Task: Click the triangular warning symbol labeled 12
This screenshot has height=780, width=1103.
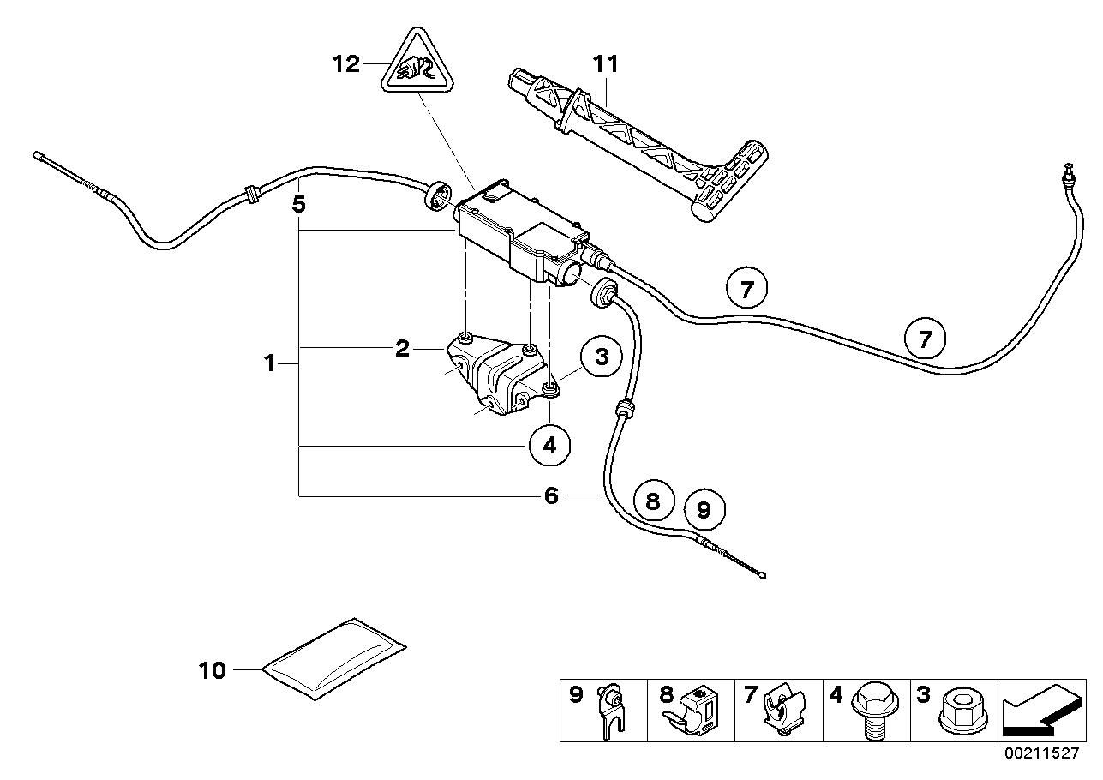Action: tap(416, 64)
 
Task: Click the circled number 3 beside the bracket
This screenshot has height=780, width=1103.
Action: tap(601, 357)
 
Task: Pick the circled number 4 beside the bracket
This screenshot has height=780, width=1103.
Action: tap(549, 444)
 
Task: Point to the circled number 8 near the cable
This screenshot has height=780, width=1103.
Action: tap(653, 501)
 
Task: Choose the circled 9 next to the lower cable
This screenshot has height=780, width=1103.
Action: tap(704, 511)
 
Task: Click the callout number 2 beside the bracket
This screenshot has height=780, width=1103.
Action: tap(402, 348)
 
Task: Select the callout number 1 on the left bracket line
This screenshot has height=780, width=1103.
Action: tap(270, 363)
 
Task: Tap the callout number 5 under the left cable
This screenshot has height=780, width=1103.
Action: tap(298, 204)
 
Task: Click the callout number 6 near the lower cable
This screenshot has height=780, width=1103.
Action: tap(551, 495)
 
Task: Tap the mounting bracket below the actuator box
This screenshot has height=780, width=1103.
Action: tap(497, 375)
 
